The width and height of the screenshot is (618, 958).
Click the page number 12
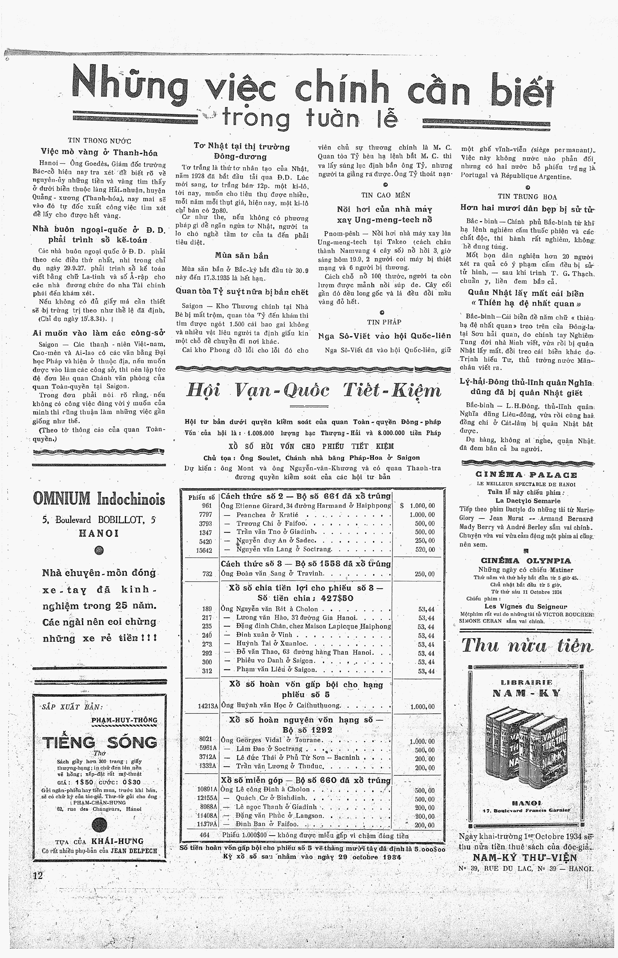(38, 876)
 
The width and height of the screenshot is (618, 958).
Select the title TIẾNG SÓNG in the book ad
(100, 742)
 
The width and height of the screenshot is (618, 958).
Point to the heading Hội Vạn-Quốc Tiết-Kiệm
(314, 390)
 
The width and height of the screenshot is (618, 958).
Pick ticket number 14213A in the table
(208, 705)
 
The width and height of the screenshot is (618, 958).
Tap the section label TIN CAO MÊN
(386, 195)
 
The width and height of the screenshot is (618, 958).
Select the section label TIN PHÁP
(384, 322)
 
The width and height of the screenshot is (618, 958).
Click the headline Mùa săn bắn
(242, 256)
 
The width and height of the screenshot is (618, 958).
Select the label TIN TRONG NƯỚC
(100, 141)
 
